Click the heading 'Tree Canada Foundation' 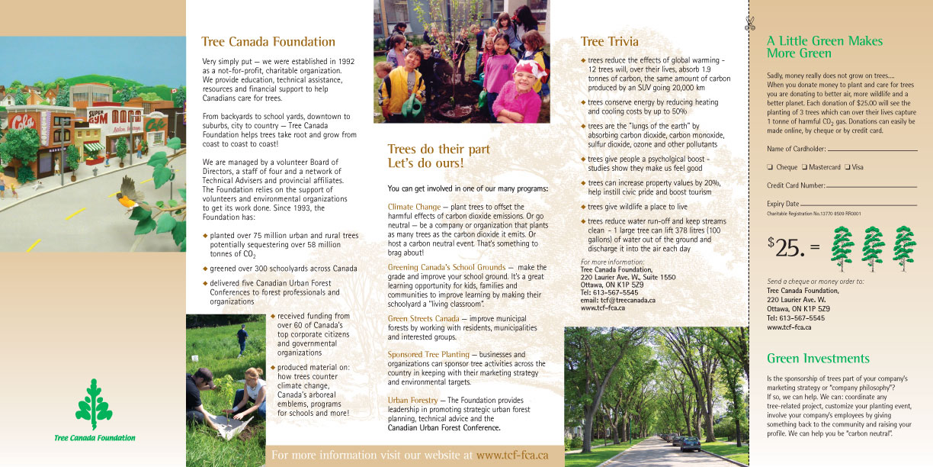[x=268, y=42]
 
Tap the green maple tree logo [x=95, y=404]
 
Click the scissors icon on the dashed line [x=749, y=24]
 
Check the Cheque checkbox [x=770, y=167]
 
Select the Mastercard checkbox [x=803, y=167]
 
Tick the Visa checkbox [x=848, y=167]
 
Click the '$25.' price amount [x=786, y=246]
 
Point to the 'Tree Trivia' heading [x=609, y=41]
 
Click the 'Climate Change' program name [x=414, y=207]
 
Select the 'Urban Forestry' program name [x=412, y=400]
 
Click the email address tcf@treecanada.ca [x=618, y=300]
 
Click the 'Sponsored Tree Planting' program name [x=428, y=355]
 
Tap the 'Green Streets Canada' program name [x=423, y=318]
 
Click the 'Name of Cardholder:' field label [x=796, y=149]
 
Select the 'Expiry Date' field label [x=783, y=204]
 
